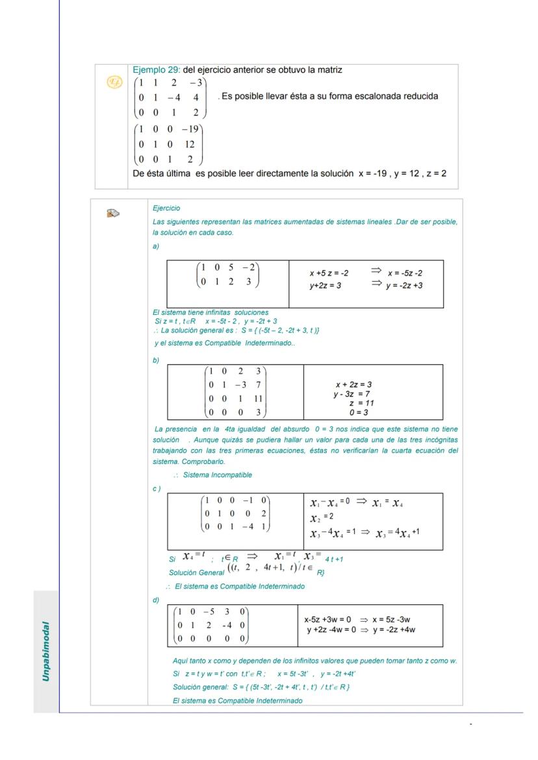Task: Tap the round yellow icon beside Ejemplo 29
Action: point(114,82)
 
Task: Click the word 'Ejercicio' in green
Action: point(166,208)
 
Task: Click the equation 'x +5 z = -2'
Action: point(329,274)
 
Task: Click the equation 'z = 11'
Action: point(361,403)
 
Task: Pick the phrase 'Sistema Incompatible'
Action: point(217,475)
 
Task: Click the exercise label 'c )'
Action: point(157,489)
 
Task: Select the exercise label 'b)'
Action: point(156,361)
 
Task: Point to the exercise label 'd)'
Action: point(156,600)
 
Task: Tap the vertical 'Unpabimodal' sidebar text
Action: point(46,651)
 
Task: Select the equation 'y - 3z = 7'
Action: point(352,394)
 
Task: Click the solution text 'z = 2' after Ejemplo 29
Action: point(437,174)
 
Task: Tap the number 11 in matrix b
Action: point(258,400)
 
